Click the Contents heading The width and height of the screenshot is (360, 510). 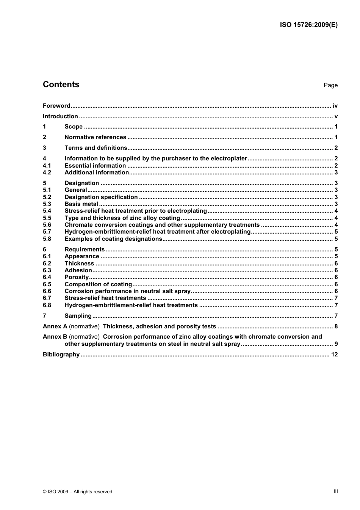[61, 85]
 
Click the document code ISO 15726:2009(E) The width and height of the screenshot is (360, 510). [308, 25]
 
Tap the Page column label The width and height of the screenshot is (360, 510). [330, 85]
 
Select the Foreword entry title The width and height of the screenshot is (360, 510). [56, 106]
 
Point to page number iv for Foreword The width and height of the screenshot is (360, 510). [335, 106]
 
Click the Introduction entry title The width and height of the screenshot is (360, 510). [60, 116]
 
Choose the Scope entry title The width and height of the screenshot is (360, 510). [74, 127]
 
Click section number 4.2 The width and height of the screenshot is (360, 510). [47, 173]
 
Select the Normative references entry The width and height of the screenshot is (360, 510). [95, 137]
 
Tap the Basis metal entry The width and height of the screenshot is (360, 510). [81, 204]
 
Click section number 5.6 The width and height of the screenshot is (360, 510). [47, 225]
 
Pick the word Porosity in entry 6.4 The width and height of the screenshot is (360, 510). [77, 277]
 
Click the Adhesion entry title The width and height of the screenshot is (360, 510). [78, 270]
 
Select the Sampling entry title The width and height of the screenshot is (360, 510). [78, 316]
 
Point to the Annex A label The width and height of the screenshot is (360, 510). [55, 326]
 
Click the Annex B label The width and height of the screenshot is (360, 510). [55, 337]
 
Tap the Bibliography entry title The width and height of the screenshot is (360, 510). [61, 355]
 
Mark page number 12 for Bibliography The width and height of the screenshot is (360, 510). [334, 355]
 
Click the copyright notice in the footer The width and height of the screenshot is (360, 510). [77, 492]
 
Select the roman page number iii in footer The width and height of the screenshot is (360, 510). [336, 491]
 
